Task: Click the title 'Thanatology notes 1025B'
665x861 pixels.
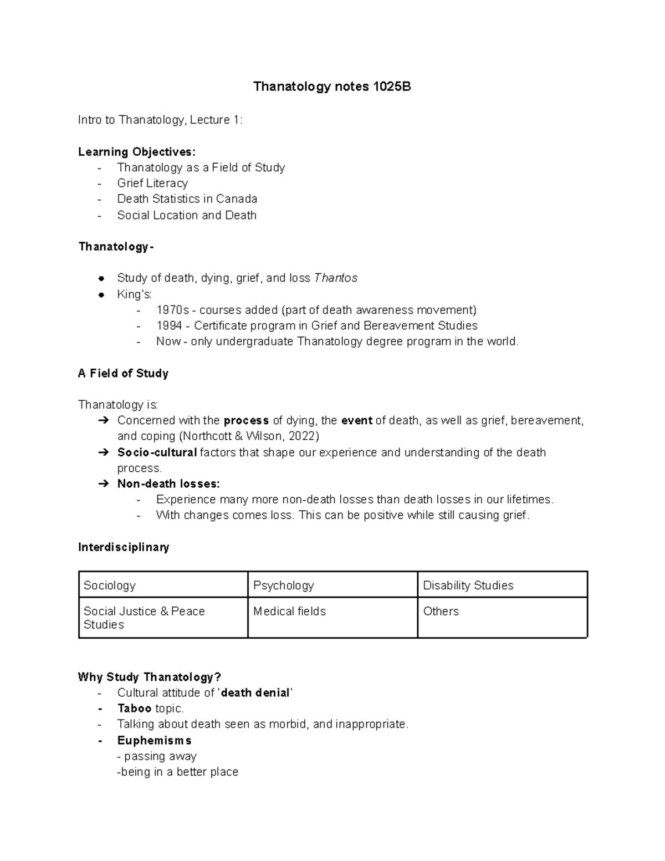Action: [x=332, y=87]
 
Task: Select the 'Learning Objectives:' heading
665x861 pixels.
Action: [x=137, y=152]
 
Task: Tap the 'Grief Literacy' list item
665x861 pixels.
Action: [x=152, y=183]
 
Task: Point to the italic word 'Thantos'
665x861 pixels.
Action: [x=335, y=278]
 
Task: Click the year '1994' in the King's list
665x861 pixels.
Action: [x=170, y=325]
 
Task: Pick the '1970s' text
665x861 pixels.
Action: [x=172, y=309]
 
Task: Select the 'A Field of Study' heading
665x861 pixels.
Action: [x=123, y=373]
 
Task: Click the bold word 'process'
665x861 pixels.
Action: [x=246, y=420]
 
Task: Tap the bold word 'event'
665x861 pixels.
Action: [x=357, y=420]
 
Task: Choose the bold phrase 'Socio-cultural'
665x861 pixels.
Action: [x=157, y=452]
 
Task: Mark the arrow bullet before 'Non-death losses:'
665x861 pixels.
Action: [x=103, y=484]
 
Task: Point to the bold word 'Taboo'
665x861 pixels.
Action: [x=134, y=709]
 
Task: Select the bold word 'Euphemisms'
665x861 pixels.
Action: [x=154, y=741]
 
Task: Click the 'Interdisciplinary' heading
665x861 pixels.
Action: [x=124, y=547]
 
